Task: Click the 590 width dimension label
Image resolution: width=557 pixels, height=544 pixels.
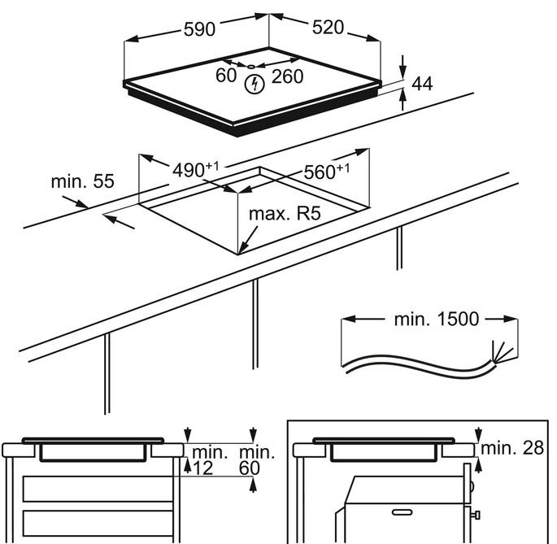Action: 198,28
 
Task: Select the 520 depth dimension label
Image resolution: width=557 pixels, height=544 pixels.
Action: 329,28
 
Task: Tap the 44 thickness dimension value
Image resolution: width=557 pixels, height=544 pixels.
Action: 421,83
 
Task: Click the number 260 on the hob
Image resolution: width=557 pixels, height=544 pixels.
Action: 287,76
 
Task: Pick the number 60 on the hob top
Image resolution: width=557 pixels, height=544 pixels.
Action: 226,76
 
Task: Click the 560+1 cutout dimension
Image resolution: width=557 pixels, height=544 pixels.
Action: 326,172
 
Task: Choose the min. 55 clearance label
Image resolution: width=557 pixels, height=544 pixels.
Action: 82,181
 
